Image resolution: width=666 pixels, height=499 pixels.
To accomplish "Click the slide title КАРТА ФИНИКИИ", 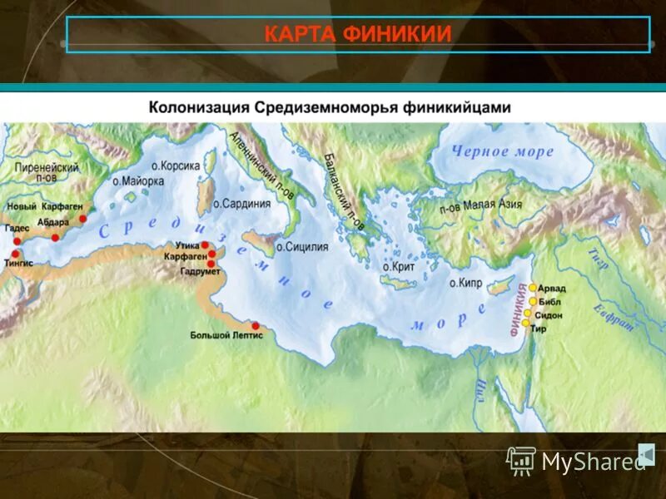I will (x=358, y=34).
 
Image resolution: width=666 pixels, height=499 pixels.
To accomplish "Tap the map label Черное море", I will (x=502, y=151).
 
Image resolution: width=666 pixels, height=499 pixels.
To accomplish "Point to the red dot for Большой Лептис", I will (x=256, y=325).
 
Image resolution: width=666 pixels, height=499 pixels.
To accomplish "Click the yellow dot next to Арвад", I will (x=533, y=287).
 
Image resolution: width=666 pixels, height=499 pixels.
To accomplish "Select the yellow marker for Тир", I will (x=526, y=323).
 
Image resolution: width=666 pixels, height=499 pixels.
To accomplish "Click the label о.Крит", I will (x=398, y=266).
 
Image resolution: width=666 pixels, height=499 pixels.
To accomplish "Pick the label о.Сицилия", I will (x=302, y=247).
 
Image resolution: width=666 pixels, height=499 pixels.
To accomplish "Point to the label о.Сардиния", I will (x=242, y=203).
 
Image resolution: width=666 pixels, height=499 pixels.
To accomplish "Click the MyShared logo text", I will (x=593, y=462).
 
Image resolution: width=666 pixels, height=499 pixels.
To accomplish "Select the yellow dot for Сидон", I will (x=527, y=313).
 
